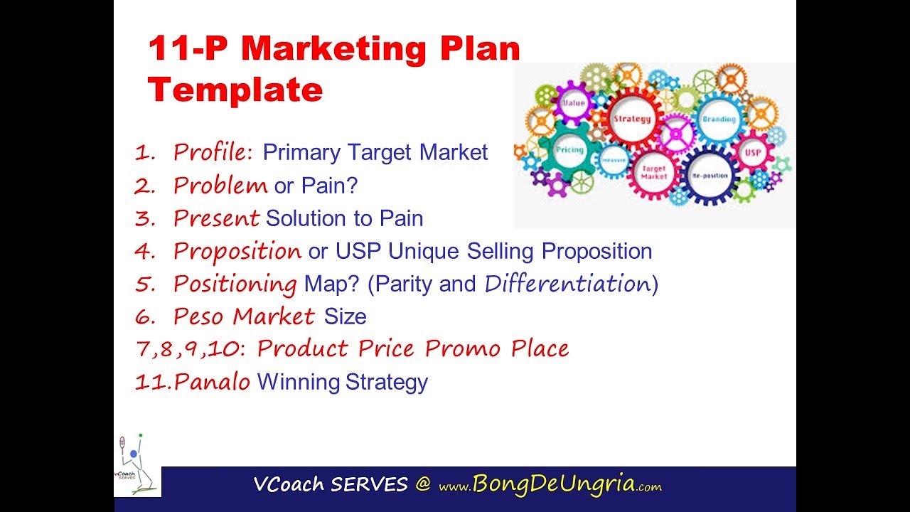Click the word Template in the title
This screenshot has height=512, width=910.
pos(235,90)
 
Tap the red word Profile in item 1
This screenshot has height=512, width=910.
pos(212,152)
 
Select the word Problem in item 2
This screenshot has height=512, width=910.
pos(220,186)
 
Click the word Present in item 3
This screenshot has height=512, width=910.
pos(217,218)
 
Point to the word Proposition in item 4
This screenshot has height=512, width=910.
pos(237,251)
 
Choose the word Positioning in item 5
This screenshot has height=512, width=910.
pos(235,284)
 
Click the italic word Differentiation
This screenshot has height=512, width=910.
pos(567,284)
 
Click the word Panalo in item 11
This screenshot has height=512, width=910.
pos(213,383)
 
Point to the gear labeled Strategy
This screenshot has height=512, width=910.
pos(632,119)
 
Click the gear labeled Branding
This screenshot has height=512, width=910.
pos(718,120)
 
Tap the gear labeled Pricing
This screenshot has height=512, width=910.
pos(569,150)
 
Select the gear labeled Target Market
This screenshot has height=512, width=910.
pos(653,172)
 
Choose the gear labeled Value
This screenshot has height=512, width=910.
pos(573,104)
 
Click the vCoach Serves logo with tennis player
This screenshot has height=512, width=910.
pos(138,466)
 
